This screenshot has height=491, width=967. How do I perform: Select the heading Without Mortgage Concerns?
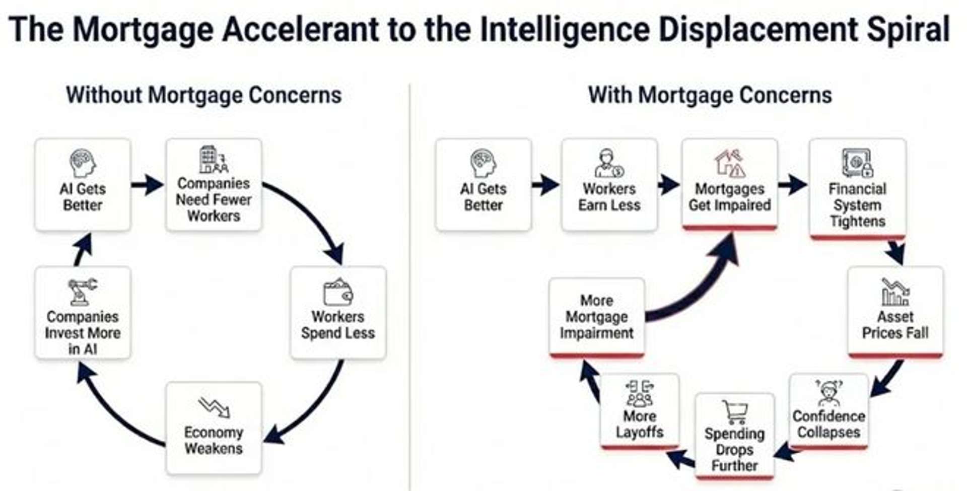[x=203, y=95]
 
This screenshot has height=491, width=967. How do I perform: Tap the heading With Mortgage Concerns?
[x=710, y=95]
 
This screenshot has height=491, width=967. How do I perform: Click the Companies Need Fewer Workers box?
[x=214, y=185]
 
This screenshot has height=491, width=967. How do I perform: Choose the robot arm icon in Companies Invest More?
[x=82, y=292]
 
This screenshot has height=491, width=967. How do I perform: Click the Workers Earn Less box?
[x=609, y=185]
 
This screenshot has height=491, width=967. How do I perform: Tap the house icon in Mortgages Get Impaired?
[x=729, y=163]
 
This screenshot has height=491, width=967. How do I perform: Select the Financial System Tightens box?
[x=857, y=188]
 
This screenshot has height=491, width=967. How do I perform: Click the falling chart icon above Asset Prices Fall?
[x=895, y=292]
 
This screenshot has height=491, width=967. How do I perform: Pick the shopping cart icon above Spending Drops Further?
[x=734, y=412]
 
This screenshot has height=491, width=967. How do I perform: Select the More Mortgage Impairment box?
[x=596, y=317]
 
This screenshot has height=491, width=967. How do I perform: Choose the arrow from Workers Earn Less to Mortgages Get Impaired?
[x=669, y=185]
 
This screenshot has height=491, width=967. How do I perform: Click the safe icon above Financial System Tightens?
[x=857, y=163]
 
